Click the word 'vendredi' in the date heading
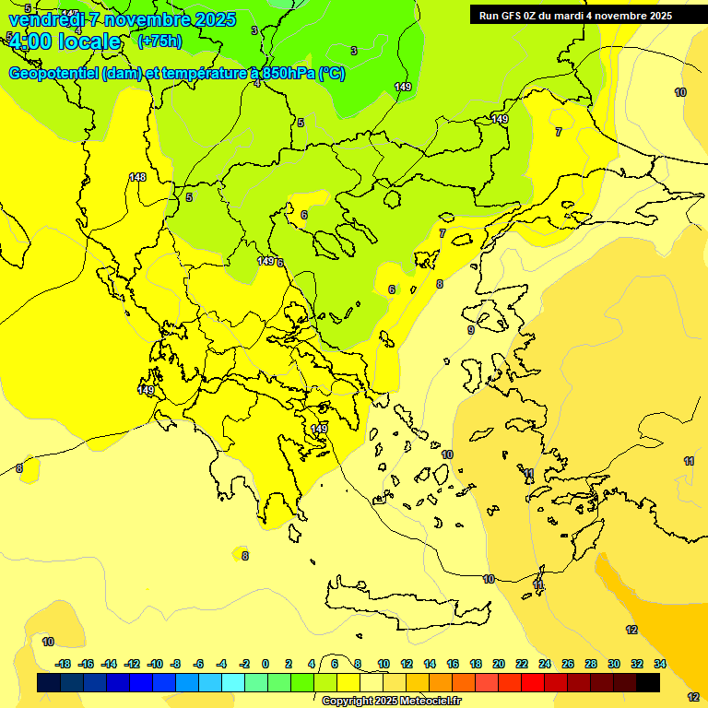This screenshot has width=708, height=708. pyautogui.click(x=46, y=19)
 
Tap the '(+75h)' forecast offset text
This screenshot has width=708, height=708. pyautogui.click(x=159, y=41)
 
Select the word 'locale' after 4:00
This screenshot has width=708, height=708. pyautogui.click(x=88, y=41)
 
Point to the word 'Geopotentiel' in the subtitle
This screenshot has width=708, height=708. pyautogui.click(x=52, y=74)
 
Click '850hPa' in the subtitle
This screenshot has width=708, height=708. pyautogui.click(x=289, y=74)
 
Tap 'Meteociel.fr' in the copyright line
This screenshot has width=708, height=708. pyautogui.click(x=431, y=702)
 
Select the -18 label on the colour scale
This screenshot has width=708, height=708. pyautogui.click(x=63, y=664)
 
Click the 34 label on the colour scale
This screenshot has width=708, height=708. pyautogui.click(x=660, y=664)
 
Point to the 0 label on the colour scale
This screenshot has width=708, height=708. pyautogui.click(x=265, y=664)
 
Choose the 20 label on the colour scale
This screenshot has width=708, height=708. pyautogui.click(x=499, y=664)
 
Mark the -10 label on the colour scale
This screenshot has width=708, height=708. pyautogui.click(x=155, y=664)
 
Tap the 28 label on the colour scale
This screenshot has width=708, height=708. pyautogui.click(x=591, y=664)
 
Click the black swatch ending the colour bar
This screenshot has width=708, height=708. pyautogui.click(x=648, y=682)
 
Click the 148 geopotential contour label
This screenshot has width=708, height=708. pyautogui.click(x=137, y=177)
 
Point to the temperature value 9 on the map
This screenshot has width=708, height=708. pyautogui.click(x=471, y=330)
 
